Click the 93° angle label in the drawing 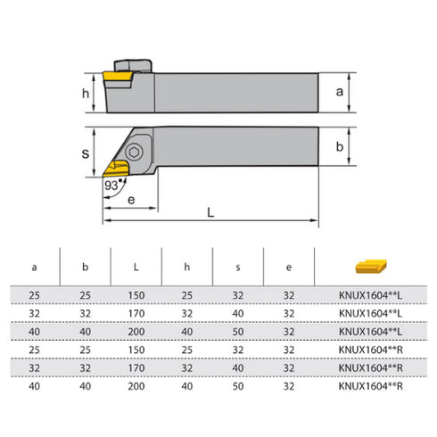tap(112, 185)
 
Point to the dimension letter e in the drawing tap(130, 201)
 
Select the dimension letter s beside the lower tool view tap(86, 153)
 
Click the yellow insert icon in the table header tap(368, 266)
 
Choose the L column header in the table tap(136, 266)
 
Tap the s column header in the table tap(238, 266)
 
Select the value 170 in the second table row tap(136, 314)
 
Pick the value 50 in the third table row tap(238, 332)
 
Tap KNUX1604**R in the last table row tap(368, 385)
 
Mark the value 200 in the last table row tap(136, 385)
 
